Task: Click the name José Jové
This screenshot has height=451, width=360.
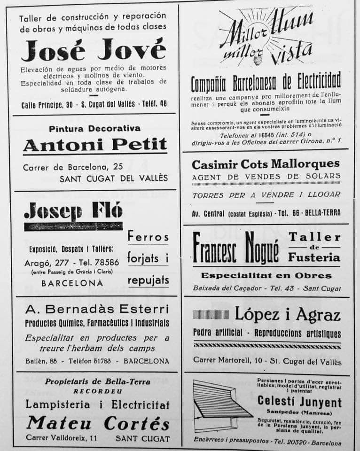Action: [x=94, y=51]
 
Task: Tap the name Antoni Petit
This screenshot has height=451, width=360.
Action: [x=95, y=145]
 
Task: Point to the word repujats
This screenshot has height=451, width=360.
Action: [x=148, y=280]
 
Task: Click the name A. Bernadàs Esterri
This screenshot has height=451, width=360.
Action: [x=96, y=309]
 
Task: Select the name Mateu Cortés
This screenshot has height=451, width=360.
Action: [x=98, y=423]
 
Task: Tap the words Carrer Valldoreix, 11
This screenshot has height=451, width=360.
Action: [x=62, y=438]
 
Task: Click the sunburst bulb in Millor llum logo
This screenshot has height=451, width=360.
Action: [x=258, y=60]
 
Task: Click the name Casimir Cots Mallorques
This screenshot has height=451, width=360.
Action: [x=266, y=164]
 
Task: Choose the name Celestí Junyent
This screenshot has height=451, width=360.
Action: [x=299, y=402]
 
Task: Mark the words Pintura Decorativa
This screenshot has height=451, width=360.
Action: [x=94, y=128]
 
